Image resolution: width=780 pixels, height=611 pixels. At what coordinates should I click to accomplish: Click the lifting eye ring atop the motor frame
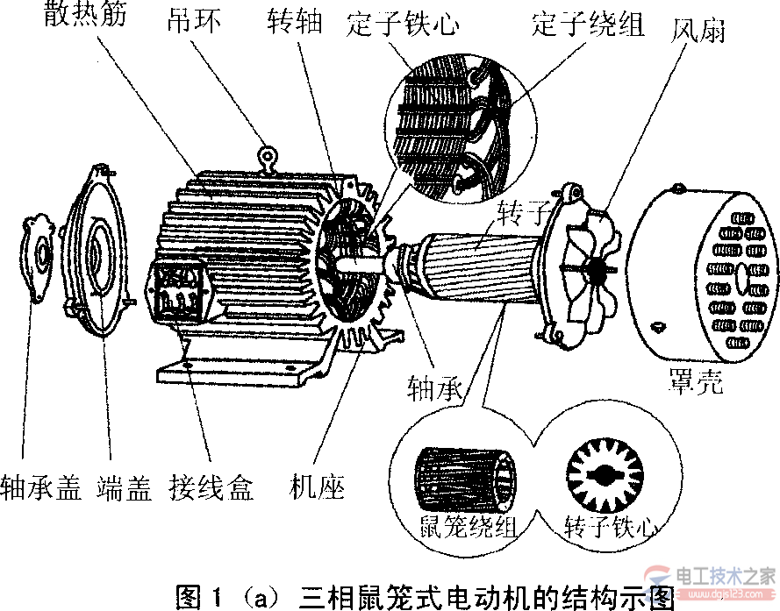(267, 158)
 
